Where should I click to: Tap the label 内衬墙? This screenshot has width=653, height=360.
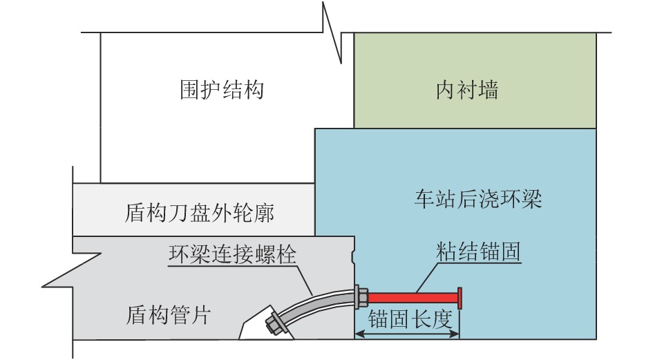pos(467,90)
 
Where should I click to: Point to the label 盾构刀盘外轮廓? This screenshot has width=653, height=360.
pos(200,213)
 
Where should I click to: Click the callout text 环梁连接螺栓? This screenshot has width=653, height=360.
pos(232,254)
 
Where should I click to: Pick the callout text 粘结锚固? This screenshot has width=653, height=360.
pos(477,253)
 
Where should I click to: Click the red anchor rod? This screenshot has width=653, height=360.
pos(411,297)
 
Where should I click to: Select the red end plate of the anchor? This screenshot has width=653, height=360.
pos(459,297)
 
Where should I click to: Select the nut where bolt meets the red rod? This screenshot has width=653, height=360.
pos(361,297)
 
